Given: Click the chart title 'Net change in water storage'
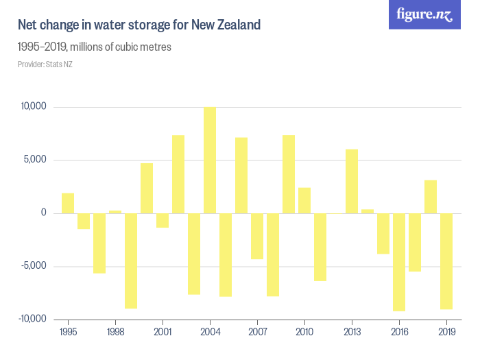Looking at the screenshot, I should pyautogui.click(x=139, y=25).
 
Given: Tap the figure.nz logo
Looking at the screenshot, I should pyautogui.click(x=424, y=14).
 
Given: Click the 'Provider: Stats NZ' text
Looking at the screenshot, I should pyautogui.click(x=45, y=64).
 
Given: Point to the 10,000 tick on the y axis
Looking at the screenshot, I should pyautogui.click(x=33, y=107).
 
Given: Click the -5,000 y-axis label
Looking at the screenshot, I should pyautogui.click(x=32, y=266).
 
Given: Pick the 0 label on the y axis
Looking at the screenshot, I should pyautogui.click(x=43, y=213).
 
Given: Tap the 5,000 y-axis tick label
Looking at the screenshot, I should pyautogui.click(x=34, y=160).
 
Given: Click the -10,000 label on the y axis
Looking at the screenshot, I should pyautogui.click(x=31, y=319).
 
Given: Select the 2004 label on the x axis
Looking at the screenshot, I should pyautogui.click(x=210, y=332).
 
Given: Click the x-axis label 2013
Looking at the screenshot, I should pyautogui.click(x=352, y=332).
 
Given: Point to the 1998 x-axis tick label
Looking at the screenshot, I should pyautogui.click(x=115, y=332).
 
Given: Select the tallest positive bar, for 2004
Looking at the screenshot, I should pyautogui.click(x=210, y=160).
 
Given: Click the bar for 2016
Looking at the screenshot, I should pyautogui.click(x=399, y=262).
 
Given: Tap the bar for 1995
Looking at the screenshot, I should pyautogui.click(x=68, y=204).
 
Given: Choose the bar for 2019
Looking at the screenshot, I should pyautogui.click(x=446, y=261).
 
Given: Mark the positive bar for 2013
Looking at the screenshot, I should pyautogui.click(x=352, y=182).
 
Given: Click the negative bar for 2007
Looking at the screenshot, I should pyautogui.click(x=257, y=236).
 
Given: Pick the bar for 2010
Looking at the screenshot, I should pyautogui.click(x=304, y=200).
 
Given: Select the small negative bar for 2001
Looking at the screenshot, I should pyautogui.click(x=163, y=220).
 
